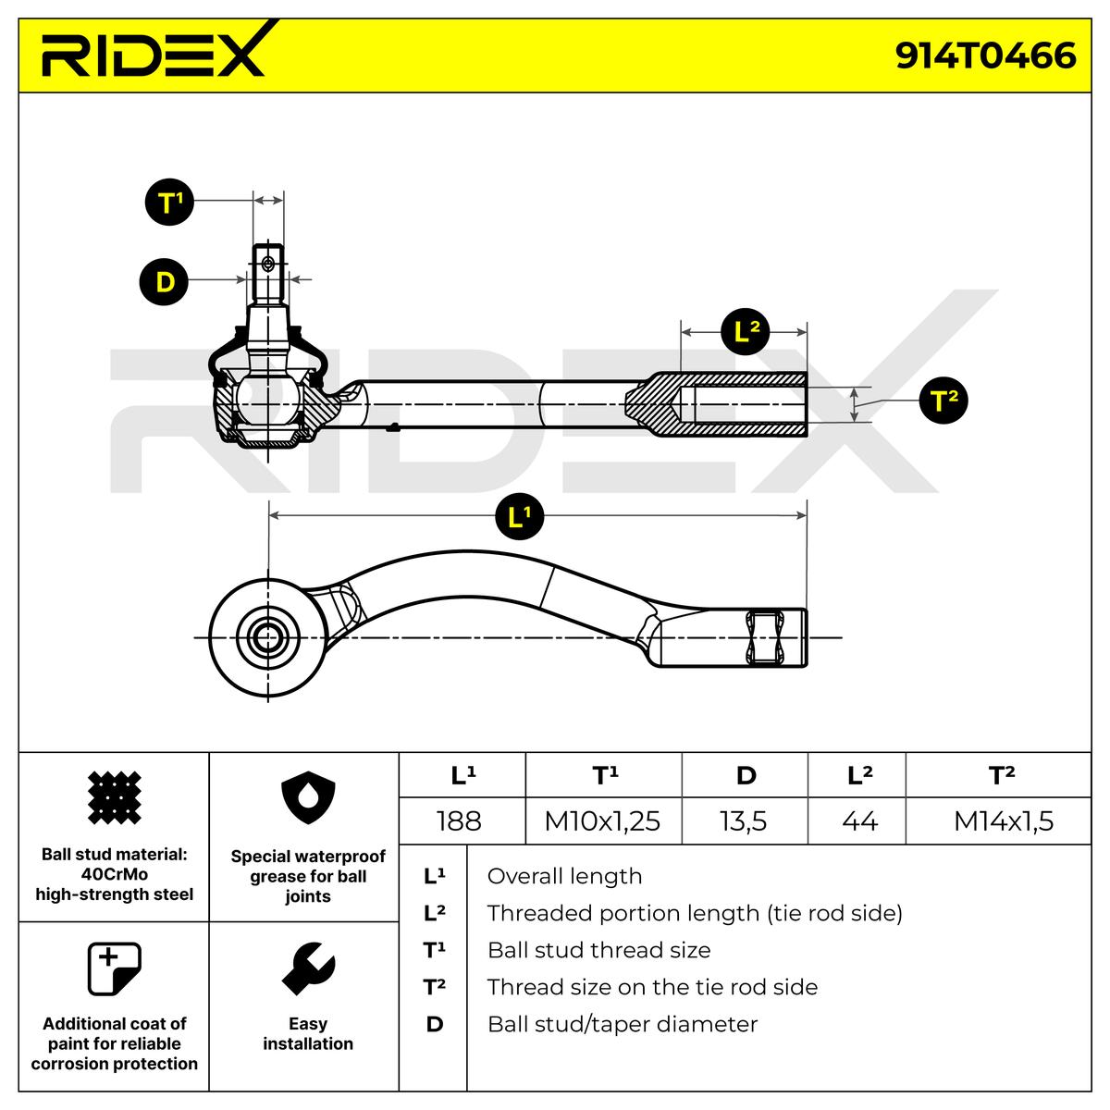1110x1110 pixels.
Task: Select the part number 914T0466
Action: (985, 55)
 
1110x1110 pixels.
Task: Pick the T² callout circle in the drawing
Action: (943, 401)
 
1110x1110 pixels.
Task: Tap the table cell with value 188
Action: (460, 820)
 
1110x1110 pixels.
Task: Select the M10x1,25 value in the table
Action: (602, 820)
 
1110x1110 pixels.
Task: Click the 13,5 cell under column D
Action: (744, 820)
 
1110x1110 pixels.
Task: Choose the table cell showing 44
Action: (859, 820)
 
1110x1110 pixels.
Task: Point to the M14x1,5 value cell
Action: (1003, 820)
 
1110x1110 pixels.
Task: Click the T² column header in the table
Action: (1002, 775)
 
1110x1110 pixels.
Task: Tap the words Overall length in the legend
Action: (564, 876)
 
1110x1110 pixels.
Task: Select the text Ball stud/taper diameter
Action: (622, 1024)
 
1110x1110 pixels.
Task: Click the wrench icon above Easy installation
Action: (307, 968)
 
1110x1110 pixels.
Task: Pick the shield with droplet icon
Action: (307, 800)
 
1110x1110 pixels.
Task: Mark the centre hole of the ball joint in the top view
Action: (269, 636)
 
